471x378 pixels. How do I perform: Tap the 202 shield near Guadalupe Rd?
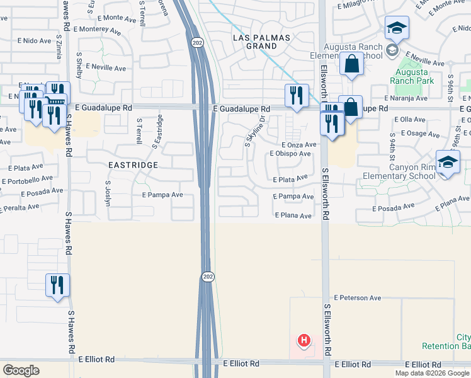[x=196, y=42]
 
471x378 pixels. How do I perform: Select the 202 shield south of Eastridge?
[x=207, y=277]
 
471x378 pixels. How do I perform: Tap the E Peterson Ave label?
[x=358, y=297]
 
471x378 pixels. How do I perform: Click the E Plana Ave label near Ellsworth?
[x=293, y=215]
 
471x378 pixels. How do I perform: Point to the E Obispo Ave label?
[x=290, y=154]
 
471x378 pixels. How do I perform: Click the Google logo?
[x=21, y=370]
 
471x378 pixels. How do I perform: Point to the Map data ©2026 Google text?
[x=431, y=373]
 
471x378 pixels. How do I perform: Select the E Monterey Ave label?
[x=98, y=30]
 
